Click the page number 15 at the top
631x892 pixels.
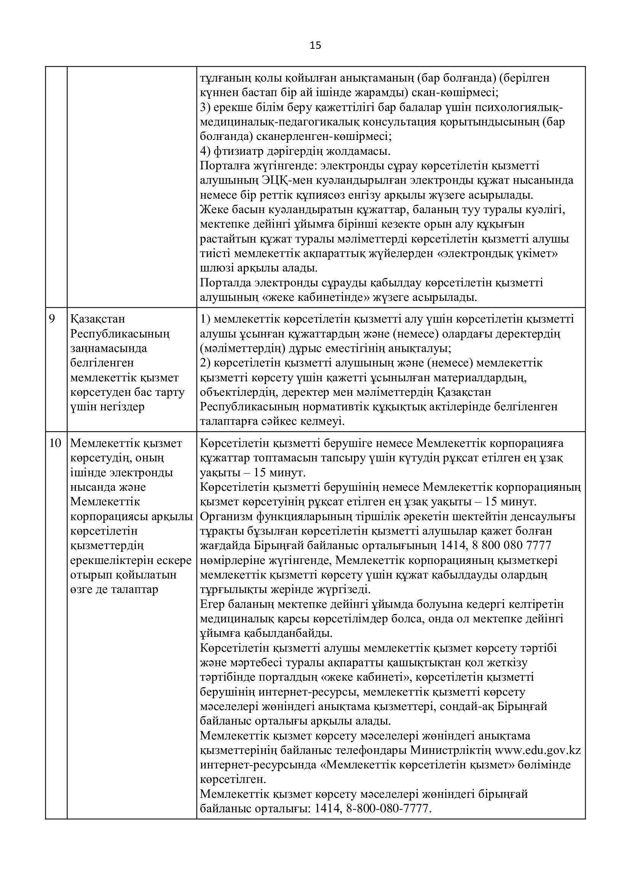coord(315,46)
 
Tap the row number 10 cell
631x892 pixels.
coord(56,443)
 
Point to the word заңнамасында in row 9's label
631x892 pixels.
coord(109,348)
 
